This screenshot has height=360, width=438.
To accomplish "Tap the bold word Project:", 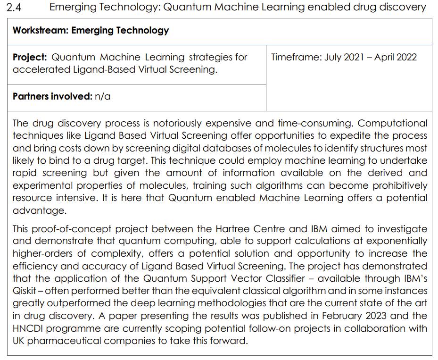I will click(30, 57).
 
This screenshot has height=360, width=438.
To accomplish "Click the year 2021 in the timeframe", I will click(354, 57).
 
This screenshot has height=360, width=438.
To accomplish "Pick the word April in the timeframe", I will click(384, 57).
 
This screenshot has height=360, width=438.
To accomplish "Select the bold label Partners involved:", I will click(52, 96).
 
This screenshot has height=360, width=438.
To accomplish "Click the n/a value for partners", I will click(102, 96).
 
